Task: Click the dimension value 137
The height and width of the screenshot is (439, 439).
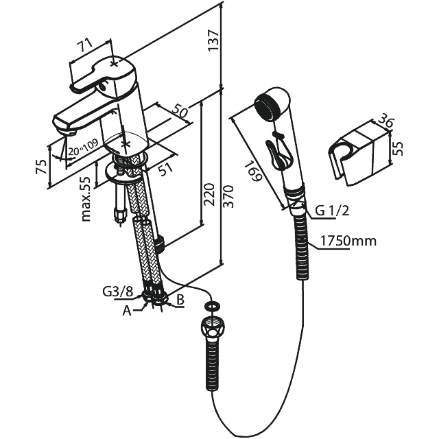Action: click(x=213, y=40)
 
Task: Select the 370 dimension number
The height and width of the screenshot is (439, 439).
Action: click(x=228, y=196)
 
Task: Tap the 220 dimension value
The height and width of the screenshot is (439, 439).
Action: click(x=209, y=194)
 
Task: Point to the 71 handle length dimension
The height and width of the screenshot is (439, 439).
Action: click(x=84, y=45)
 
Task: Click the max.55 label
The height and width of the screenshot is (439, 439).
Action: click(x=86, y=199)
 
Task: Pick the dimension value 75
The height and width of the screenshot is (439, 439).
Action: click(x=41, y=167)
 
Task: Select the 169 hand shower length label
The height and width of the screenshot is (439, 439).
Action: click(x=252, y=171)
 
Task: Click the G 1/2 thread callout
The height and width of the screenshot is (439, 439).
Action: click(x=332, y=211)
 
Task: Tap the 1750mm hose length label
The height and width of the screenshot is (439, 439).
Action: click(x=348, y=241)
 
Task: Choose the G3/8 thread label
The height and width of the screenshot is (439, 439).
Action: click(x=117, y=292)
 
